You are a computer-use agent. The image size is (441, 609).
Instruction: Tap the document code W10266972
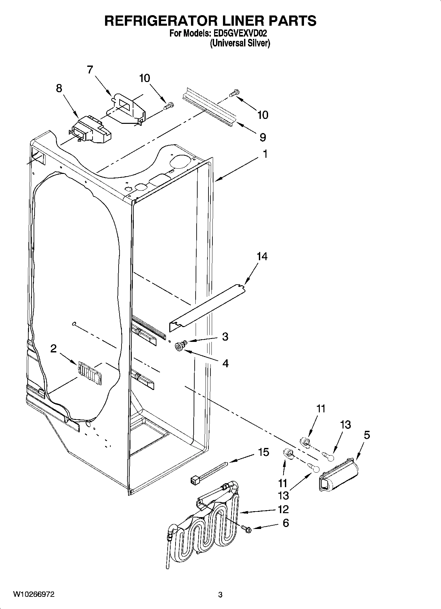(x=34, y=594)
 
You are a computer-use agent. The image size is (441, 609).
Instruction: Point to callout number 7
(x=90, y=70)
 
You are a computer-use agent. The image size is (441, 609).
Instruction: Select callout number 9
(x=262, y=137)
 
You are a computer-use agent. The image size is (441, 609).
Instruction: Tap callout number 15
(x=263, y=452)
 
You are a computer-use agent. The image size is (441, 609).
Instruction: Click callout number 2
(x=53, y=349)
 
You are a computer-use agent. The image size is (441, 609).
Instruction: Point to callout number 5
(x=367, y=435)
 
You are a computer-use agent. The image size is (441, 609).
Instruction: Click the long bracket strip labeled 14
(x=207, y=305)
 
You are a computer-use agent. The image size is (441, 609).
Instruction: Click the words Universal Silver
(x=240, y=43)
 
